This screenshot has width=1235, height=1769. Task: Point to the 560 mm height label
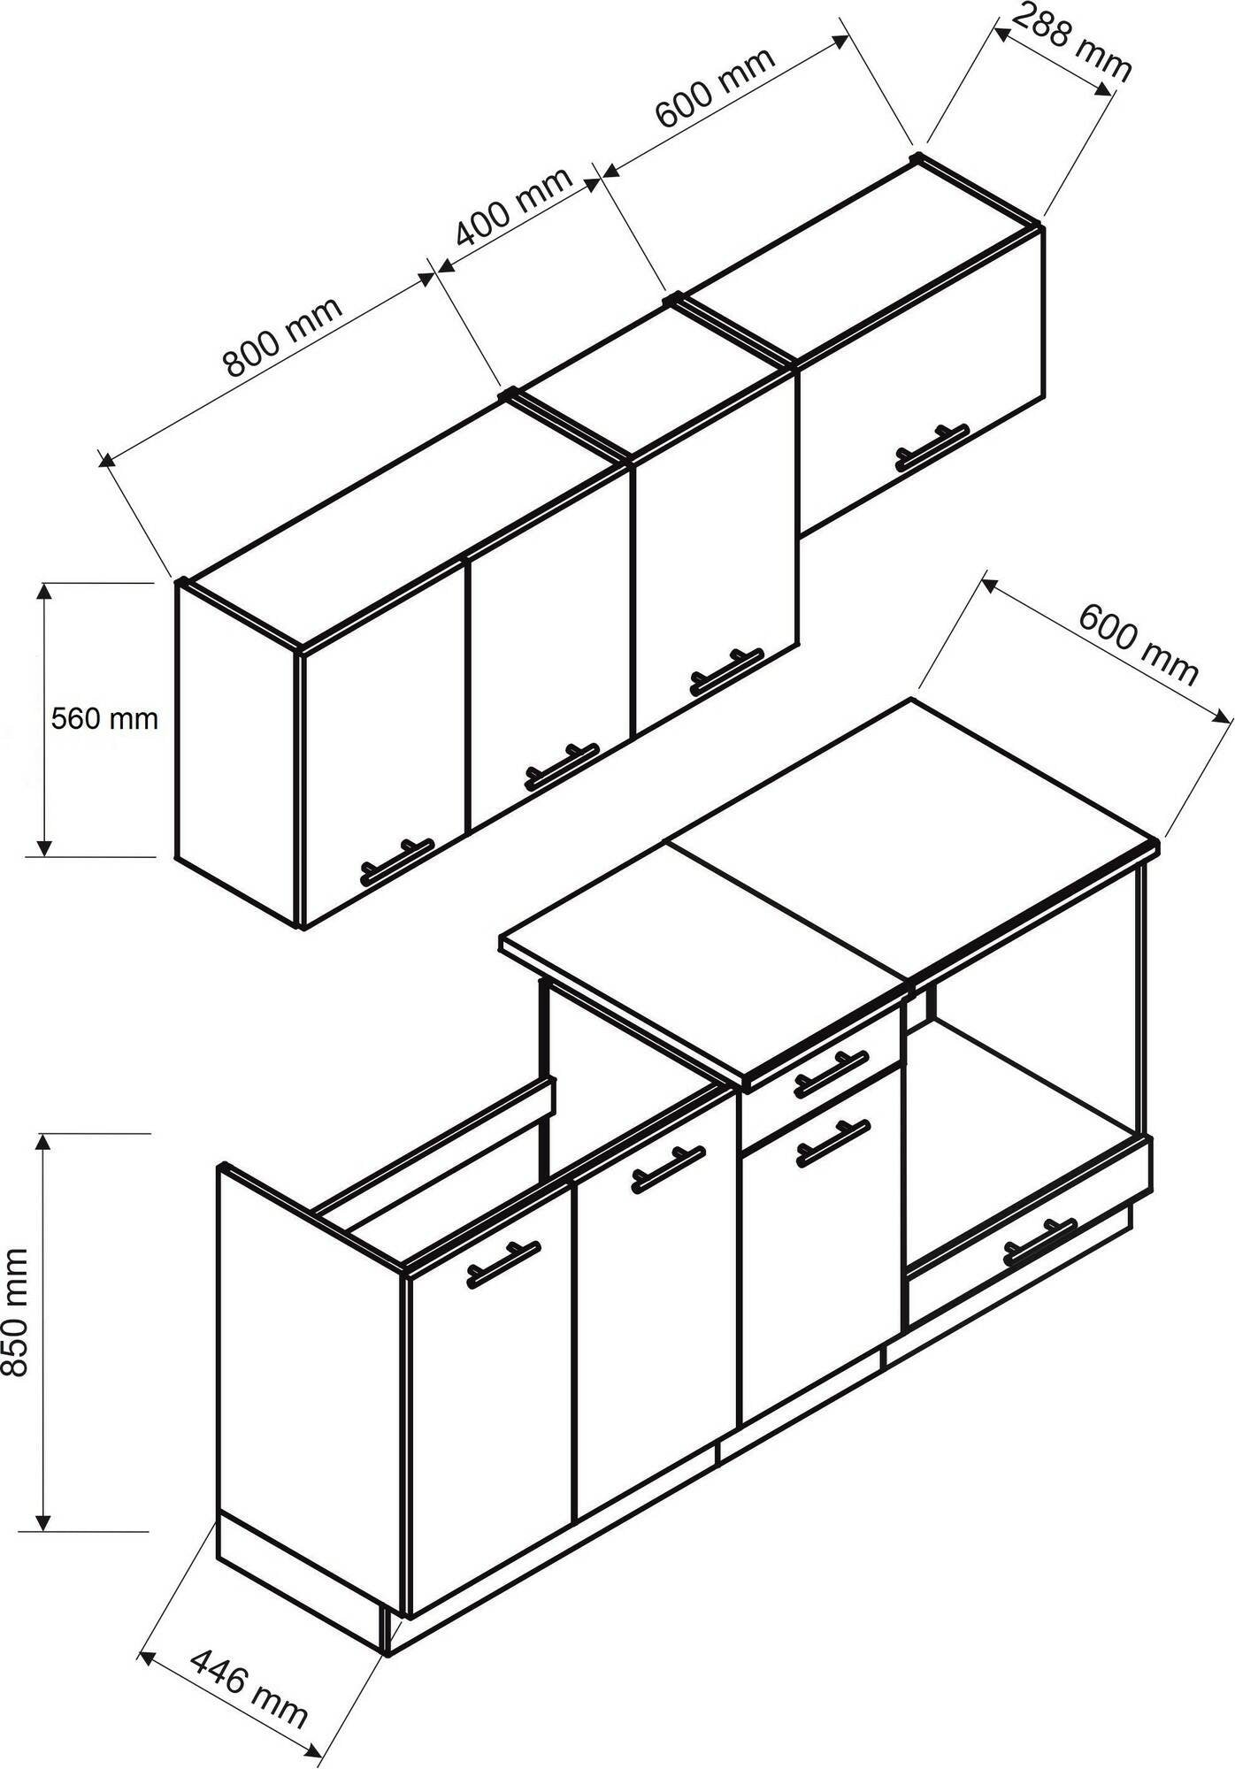104,718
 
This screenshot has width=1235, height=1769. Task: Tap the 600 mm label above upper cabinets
715,86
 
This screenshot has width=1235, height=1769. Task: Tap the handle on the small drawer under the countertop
831,1072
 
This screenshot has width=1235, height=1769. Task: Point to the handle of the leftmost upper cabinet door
397,861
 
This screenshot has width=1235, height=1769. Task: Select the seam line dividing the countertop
787,911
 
